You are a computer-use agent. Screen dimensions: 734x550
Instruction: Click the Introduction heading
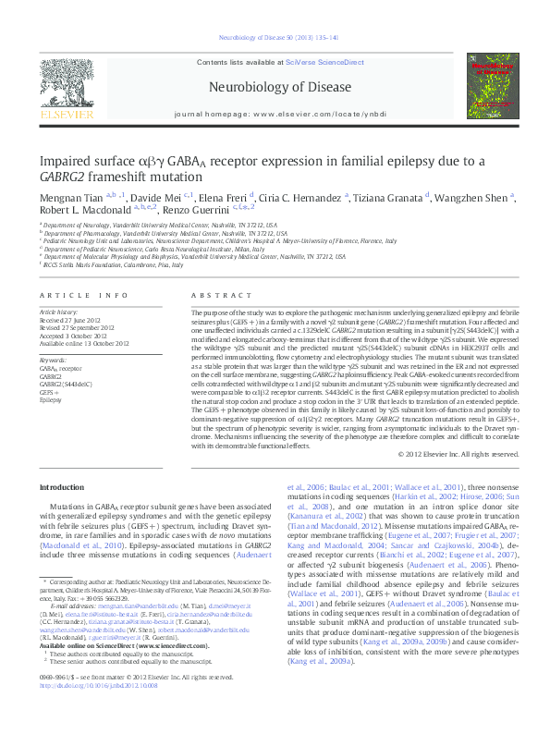62,487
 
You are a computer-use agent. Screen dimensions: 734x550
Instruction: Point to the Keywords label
53,360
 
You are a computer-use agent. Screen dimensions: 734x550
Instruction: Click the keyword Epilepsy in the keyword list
51,400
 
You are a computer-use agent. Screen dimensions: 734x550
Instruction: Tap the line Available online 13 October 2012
83,343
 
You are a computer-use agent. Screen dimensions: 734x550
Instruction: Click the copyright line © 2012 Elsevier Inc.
453,453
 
